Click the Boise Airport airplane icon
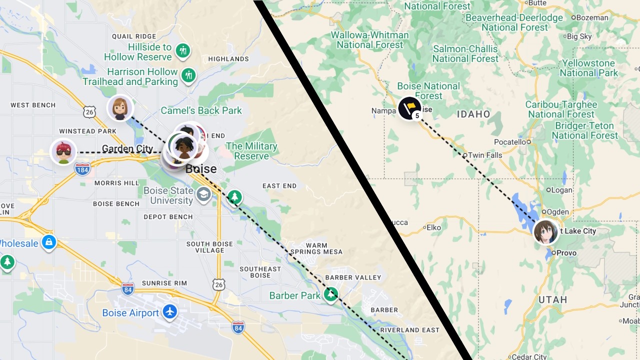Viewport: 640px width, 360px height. (170, 312)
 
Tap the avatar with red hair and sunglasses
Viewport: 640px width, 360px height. (63, 152)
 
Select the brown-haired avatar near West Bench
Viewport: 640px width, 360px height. (120, 108)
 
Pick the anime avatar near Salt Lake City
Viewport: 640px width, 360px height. (545, 232)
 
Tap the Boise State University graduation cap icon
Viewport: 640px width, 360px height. (203, 194)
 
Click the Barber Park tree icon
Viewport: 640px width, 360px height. (330, 294)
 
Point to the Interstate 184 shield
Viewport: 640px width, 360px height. (82, 169)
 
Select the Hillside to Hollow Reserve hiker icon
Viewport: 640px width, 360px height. (183, 50)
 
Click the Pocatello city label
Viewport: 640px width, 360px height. (510, 142)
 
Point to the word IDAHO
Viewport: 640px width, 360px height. (473, 114)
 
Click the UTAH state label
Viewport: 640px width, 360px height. (552, 299)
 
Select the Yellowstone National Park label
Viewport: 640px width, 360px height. (588, 68)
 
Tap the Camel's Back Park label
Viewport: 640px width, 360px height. (201, 110)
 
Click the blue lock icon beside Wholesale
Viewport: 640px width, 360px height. (48, 243)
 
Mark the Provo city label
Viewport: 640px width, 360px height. (566, 253)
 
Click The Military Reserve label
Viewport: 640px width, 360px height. (251, 151)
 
